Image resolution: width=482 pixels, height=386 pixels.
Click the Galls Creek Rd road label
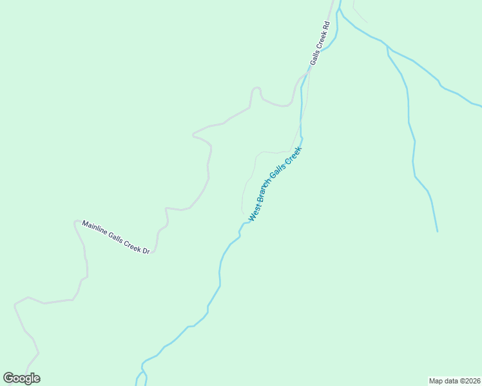click(x=320, y=43)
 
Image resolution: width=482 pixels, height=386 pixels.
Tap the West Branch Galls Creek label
click(x=275, y=184)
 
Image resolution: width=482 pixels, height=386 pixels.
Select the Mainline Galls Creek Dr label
click(x=115, y=237)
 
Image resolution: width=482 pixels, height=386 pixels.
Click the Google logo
click(x=22, y=378)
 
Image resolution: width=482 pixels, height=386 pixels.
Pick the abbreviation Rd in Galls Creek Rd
click(x=327, y=26)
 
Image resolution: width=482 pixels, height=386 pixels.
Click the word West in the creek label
click(x=254, y=214)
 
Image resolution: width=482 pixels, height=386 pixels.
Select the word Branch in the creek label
click(x=265, y=196)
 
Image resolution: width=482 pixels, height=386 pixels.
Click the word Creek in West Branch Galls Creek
click(x=293, y=156)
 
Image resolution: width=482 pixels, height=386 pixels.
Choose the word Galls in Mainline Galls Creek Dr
click(x=113, y=236)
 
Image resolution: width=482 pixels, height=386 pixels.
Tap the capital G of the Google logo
click(x=9, y=378)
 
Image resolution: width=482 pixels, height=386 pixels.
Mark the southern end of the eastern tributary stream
click(x=438, y=231)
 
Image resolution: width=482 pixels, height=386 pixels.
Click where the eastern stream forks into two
click(x=387, y=48)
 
